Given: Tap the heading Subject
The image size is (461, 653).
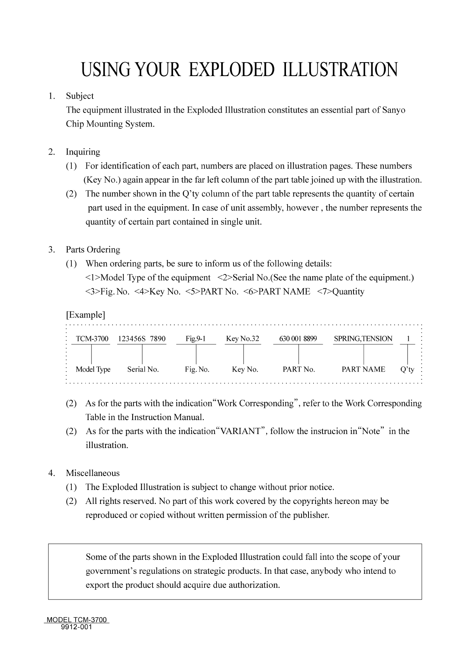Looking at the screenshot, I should click(80, 96).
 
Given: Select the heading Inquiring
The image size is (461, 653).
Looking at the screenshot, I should click(83, 152).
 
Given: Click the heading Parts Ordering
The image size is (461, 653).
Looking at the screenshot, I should click(93, 250).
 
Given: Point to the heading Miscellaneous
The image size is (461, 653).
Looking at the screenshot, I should click(93, 473).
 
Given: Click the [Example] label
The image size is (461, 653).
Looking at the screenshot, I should click(85, 314).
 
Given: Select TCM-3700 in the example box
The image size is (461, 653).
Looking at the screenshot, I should click(92, 339).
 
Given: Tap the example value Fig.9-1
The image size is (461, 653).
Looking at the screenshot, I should click(196, 339).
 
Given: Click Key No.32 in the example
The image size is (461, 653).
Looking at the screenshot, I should click(243, 339).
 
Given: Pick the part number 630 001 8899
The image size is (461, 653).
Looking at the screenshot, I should click(298, 339).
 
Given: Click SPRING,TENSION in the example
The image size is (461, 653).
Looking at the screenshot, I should click(363, 339).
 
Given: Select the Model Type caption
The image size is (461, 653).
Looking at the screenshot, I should click(93, 370).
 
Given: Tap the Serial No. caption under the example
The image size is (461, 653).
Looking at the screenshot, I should click(143, 370).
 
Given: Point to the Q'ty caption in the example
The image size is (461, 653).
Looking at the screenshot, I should click(407, 370).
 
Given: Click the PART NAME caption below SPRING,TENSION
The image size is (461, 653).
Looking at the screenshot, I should click(363, 370).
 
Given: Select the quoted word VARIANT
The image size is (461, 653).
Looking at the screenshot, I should click(241, 432).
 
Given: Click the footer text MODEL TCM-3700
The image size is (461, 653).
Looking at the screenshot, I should click(77, 620).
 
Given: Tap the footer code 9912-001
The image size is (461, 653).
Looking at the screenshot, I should click(77, 627).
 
